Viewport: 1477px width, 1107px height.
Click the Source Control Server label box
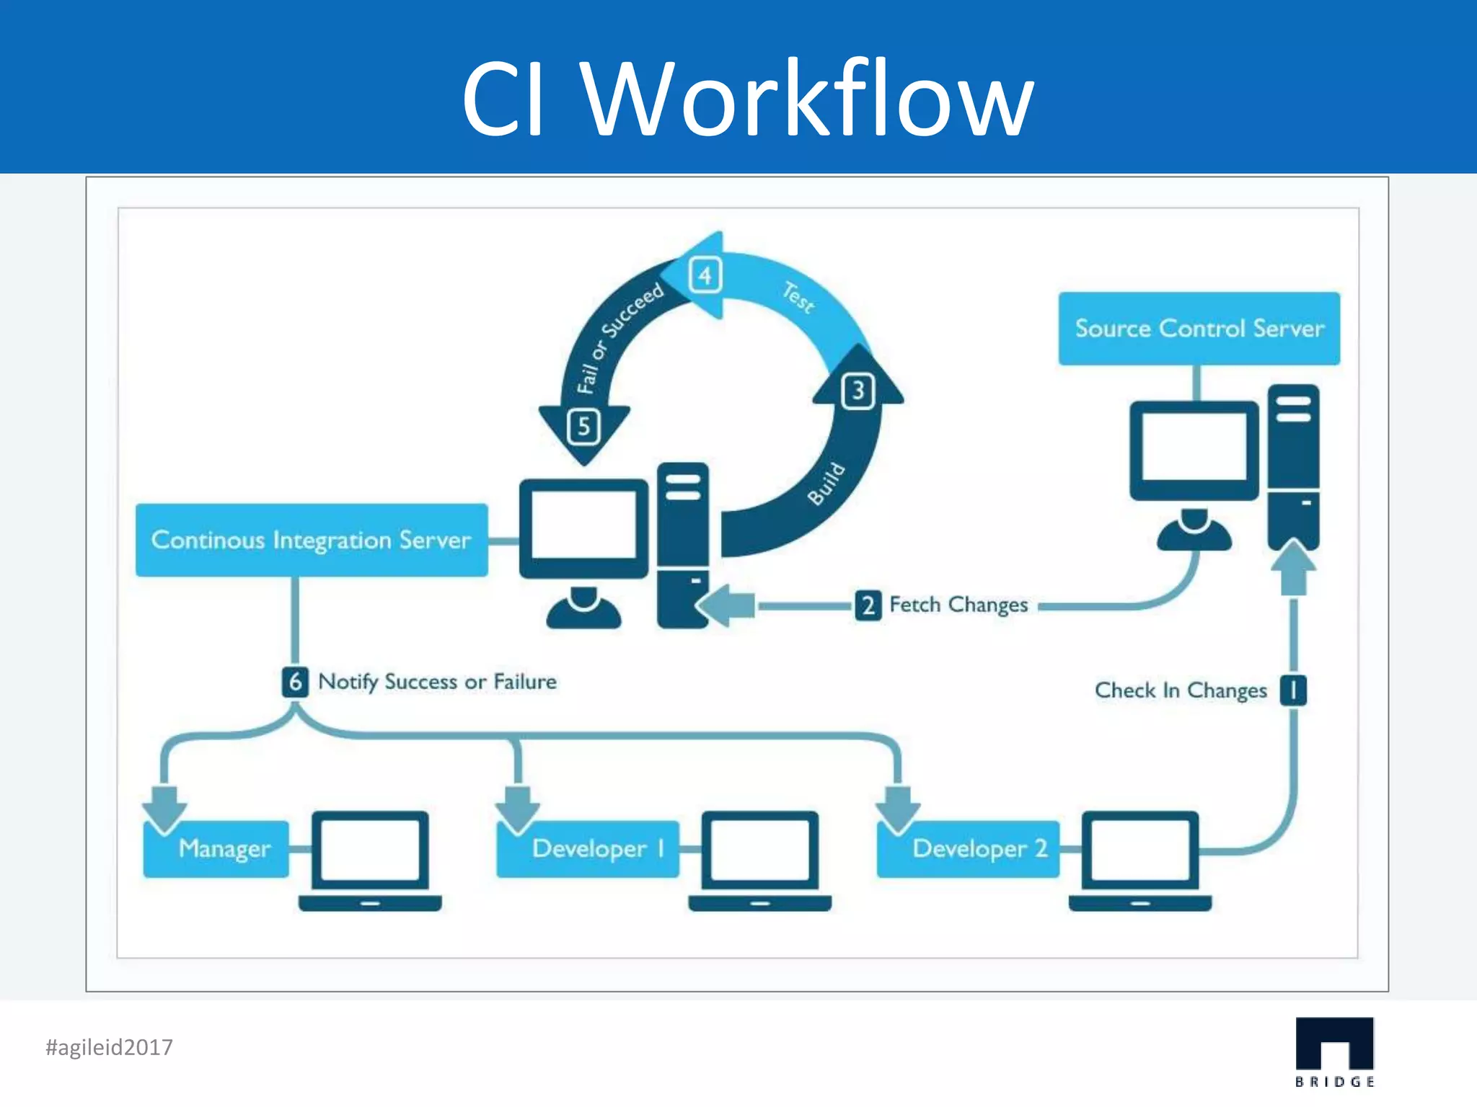pyautogui.click(x=1199, y=329)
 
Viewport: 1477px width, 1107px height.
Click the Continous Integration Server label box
pyautogui.click(x=312, y=540)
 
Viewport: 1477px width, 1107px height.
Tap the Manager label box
pyautogui.click(x=216, y=849)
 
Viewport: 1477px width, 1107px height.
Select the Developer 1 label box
pyautogui.click(x=588, y=849)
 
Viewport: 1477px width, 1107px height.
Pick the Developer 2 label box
pyautogui.click(x=969, y=849)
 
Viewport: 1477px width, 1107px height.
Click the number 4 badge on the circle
pyautogui.click(x=705, y=275)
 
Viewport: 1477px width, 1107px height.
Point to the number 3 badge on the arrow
pyautogui.click(x=857, y=391)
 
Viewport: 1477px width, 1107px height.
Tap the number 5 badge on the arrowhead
pyautogui.click(x=583, y=427)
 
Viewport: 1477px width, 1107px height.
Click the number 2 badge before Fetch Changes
pyautogui.click(x=868, y=605)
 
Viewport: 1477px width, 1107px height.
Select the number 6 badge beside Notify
pyautogui.click(x=294, y=682)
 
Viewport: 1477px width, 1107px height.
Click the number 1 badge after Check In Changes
pyautogui.click(x=1293, y=690)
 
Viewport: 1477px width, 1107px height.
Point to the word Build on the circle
pyautogui.click(x=825, y=484)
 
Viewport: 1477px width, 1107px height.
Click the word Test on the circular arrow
pyautogui.click(x=798, y=297)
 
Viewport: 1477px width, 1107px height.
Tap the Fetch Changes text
pyautogui.click(x=958, y=605)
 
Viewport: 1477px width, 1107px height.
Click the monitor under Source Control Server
pyautogui.click(x=1194, y=450)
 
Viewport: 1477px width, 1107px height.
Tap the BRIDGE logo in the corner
pyautogui.click(x=1334, y=1052)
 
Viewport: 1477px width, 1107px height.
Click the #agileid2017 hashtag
pyautogui.click(x=109, y=1047)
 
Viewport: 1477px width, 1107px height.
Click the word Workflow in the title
pyautogui.click(x=808, y=99)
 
